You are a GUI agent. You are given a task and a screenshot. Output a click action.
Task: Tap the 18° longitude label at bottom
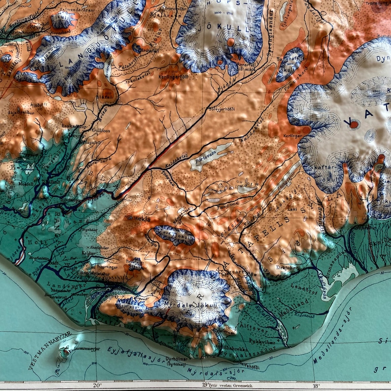pyautogui.click(x=316, y=386)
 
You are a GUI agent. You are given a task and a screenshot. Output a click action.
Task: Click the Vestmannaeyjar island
pyautogui.click(x=65, y=351)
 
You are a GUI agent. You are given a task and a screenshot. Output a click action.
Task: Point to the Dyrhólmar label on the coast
pyautogui.click(x=163, y=361)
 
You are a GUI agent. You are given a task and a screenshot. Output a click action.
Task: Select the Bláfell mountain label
pyautogui.click(x=106, y=97)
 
